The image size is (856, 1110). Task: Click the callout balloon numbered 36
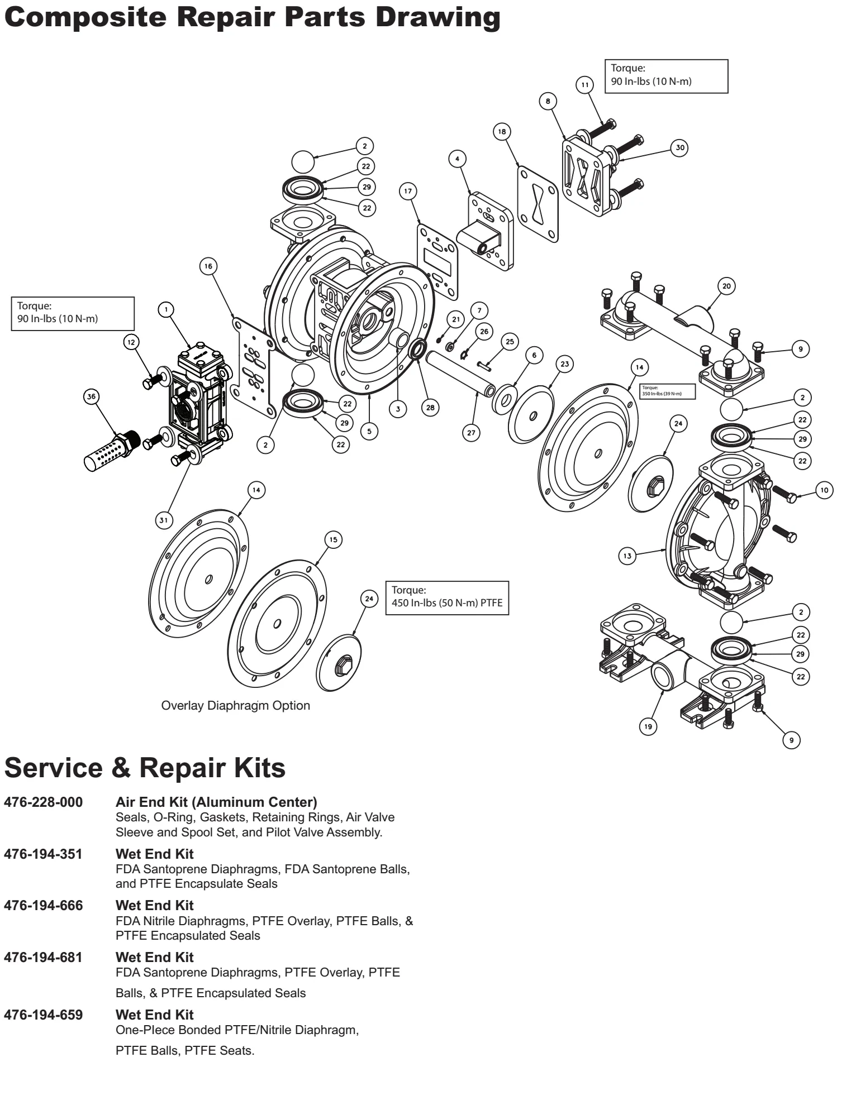pyautogui.click(x=91, y=396)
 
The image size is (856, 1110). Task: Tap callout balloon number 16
pyautogui.click(x=208, y=266)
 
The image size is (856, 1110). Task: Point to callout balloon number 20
pyautogui.click(x=726, y=286)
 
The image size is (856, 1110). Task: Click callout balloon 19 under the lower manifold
pyautogui.click(x=648, y=726)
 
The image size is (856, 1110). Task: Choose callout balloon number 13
pyautogui.click(x=627, y=556)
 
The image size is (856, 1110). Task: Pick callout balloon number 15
pyautogui.click(x=333, y=540)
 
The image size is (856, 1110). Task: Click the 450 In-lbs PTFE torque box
pyautogui.click(x=447, y=597)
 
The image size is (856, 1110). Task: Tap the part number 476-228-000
pyautogui.click(x=43, y=802)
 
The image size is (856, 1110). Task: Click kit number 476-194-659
pyautogui.click(x=43, y=1015)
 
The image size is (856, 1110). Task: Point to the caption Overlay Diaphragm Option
pyautogui.click(x=235, y=705)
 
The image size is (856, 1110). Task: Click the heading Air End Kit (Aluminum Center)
pyautogui.click(x=216, y=802)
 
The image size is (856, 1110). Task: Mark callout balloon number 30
pyautogui.click(x=679, y=148)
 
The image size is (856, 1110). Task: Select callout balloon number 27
pyautogui.click(x=472, y=433)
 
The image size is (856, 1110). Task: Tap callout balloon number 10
pyautogui.click(x=825, y=490)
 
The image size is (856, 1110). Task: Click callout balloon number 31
pyautogui.click(x=163, y=520)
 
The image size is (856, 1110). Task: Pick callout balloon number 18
pyautogui.click(x=502, y=132)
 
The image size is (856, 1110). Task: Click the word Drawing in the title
pyautogui.click(x=437, y=17)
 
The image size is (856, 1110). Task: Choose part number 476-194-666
pyautogui.click(x=43, y=905)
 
